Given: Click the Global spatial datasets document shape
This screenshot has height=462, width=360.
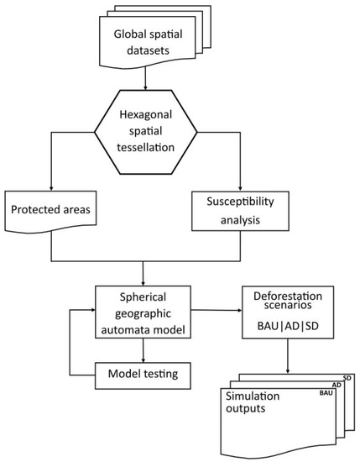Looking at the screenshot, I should point(146,41).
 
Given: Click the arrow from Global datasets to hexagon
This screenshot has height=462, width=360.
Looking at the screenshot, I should point(146,80).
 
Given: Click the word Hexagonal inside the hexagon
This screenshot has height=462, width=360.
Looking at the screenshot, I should point(146,118).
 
